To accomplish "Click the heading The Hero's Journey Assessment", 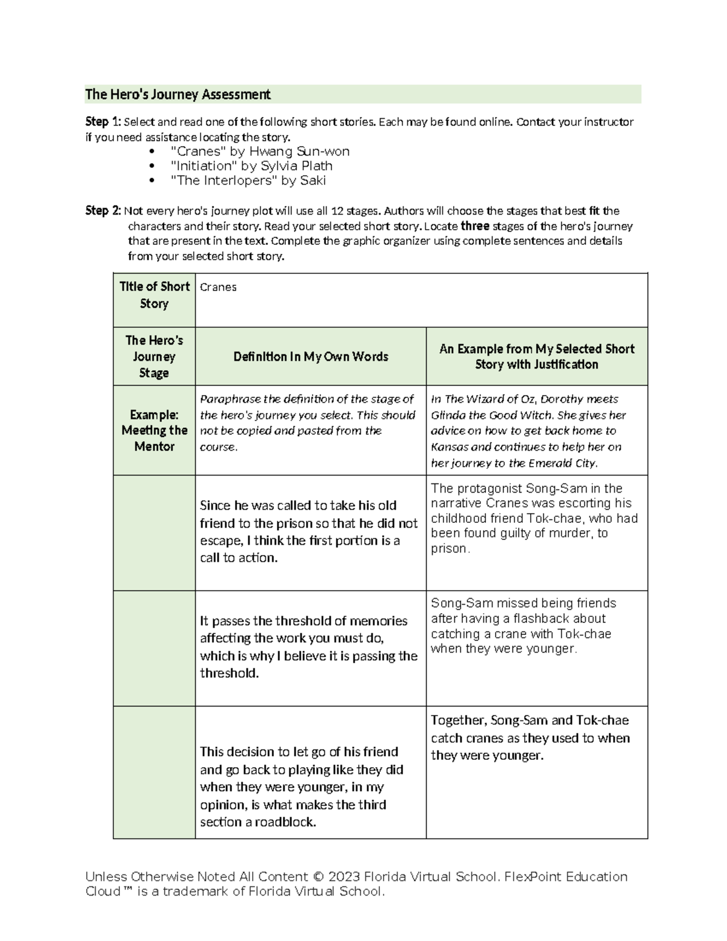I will (178, 95).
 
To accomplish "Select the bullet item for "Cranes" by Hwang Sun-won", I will (260, 151).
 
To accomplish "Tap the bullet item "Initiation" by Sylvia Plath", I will (251, 166).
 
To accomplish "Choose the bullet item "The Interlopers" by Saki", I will (248, 181).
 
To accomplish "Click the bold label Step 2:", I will (103, 211).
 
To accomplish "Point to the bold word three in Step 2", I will (475, 226).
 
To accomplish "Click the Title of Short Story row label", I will (154, 295).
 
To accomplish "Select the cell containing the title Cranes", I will (218, 287).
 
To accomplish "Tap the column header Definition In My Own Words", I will (310, 357).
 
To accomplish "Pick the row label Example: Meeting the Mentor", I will (154, 430).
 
